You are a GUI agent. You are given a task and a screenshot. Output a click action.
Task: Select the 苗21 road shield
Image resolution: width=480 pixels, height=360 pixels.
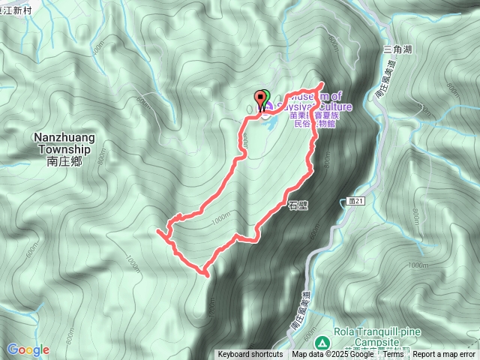pyautogui.click(x=356, y=202)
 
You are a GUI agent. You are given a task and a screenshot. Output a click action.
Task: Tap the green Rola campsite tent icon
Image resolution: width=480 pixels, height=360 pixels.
pyautogui.click(x=322, y=342)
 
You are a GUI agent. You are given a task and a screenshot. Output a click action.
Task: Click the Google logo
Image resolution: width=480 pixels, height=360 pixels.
pyautogui.click(x=28, y=349)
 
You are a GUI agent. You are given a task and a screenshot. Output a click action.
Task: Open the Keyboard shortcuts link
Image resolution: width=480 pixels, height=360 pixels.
pyautogui.click(x=250, y=355)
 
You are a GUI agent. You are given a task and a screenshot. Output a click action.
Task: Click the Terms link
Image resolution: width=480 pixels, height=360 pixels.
pyautogui.click(x=393, y=355)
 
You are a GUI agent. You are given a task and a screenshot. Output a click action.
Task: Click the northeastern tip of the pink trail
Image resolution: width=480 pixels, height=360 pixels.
pyautogui.click(x=322, y=83)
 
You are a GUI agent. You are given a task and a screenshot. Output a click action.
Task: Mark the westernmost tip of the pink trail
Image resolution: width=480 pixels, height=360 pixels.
pyautogui.click(x=157, y=233)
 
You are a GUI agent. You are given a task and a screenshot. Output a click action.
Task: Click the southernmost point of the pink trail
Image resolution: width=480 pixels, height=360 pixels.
pyautogui.click(x=205, y=274)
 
